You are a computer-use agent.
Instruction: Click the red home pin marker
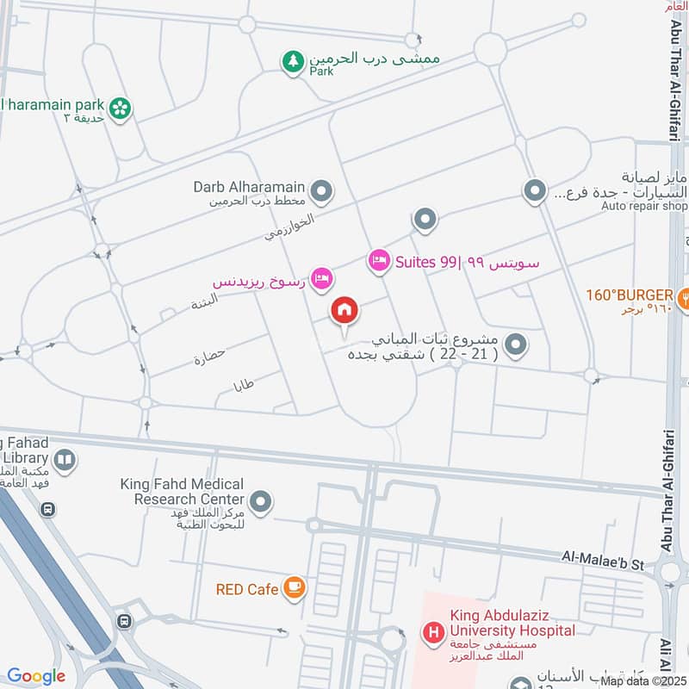click(344, 311)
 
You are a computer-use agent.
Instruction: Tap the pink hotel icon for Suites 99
click(378, 261)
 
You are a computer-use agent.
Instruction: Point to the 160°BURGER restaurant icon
click(682, 295)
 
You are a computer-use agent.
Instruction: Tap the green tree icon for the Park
click(293, 61)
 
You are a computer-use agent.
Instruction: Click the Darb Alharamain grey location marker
click(321, 192)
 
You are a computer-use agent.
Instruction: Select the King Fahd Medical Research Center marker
click(260, 500)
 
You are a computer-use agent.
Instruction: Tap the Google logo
click(36, 676)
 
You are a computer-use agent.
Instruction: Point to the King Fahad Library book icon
click(64, 461)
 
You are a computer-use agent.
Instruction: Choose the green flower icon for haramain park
click(121, 107)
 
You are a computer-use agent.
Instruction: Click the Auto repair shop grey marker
click(536, 191)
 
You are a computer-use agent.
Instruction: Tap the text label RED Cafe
click(247, 589)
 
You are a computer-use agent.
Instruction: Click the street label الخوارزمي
click(289, 227)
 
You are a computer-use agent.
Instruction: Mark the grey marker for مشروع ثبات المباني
click(516, 345)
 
